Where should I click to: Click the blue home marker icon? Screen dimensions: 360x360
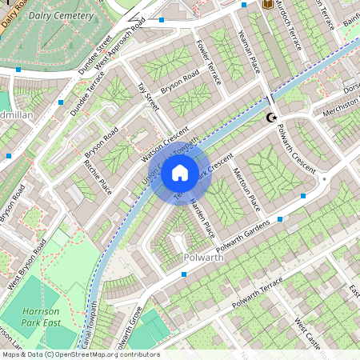[x=180, y=171]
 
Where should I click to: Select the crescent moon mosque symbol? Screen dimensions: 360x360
[x=273, y=118]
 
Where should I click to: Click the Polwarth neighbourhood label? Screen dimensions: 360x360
[x=207, y=258]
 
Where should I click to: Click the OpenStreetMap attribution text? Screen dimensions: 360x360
[x=80, y=354]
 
